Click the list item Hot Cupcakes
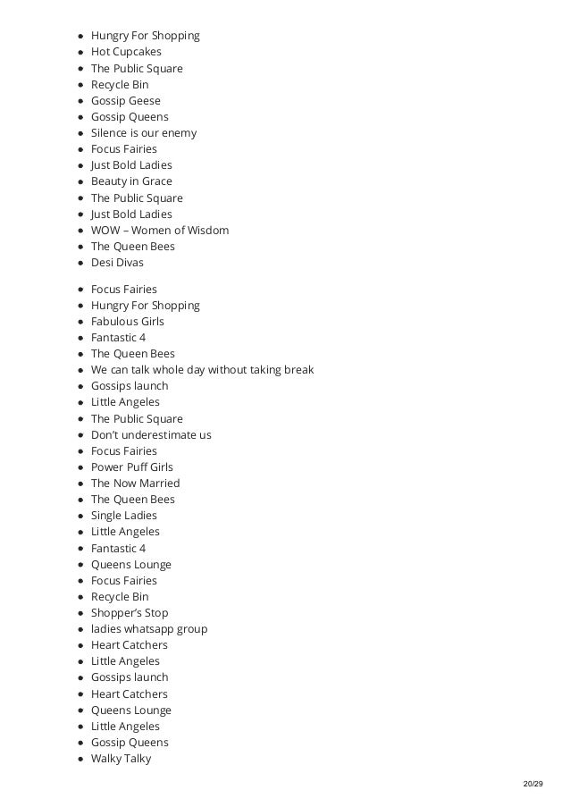pyautogui.click(x=126, y=52)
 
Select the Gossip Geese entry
pyautogui.click(x=126, y=101)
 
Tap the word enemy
pyautogui.click(x=178, y=133)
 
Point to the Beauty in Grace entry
pyautogui.click(x=131, y=181)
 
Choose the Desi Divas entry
pyautogui.click(x=117, y=263)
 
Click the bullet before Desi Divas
pyautogui.click(x=80, y=263)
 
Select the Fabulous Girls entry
pyautogui.click(x=128, y=322)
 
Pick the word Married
pyautogui.click(x=160, y=483)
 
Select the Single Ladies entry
pyautogui.click(x=124, y=516)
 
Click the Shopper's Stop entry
pyautogui.click(x=130, y=613)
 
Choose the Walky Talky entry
pyautogui.click(x=122, y=759)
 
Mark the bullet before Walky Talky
pyautogui.click(x=80, y=759)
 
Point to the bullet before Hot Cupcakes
pyautogui.click(x=80, y=52)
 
